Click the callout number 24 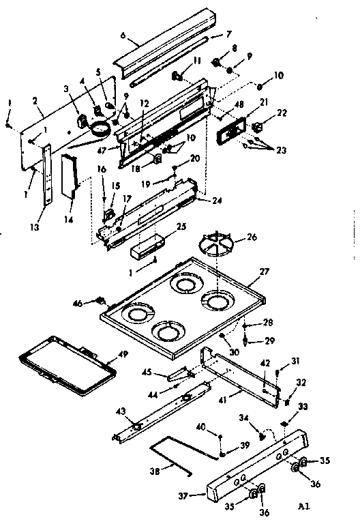pyautogui.click(x=217, y=201)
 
